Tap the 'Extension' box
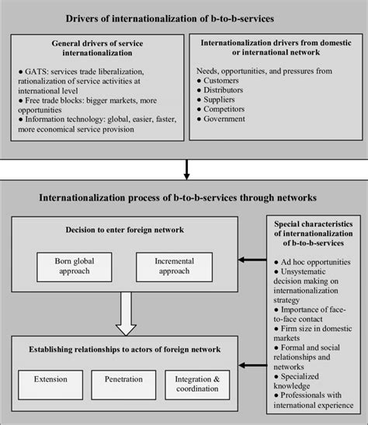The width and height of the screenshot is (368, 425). [x=50, y=383]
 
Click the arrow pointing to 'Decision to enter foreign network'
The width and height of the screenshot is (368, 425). [x=249, y=262]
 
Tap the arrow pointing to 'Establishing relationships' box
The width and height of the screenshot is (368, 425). [x=249, y=364]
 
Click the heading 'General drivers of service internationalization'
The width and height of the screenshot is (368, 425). [x=95, y=51]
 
